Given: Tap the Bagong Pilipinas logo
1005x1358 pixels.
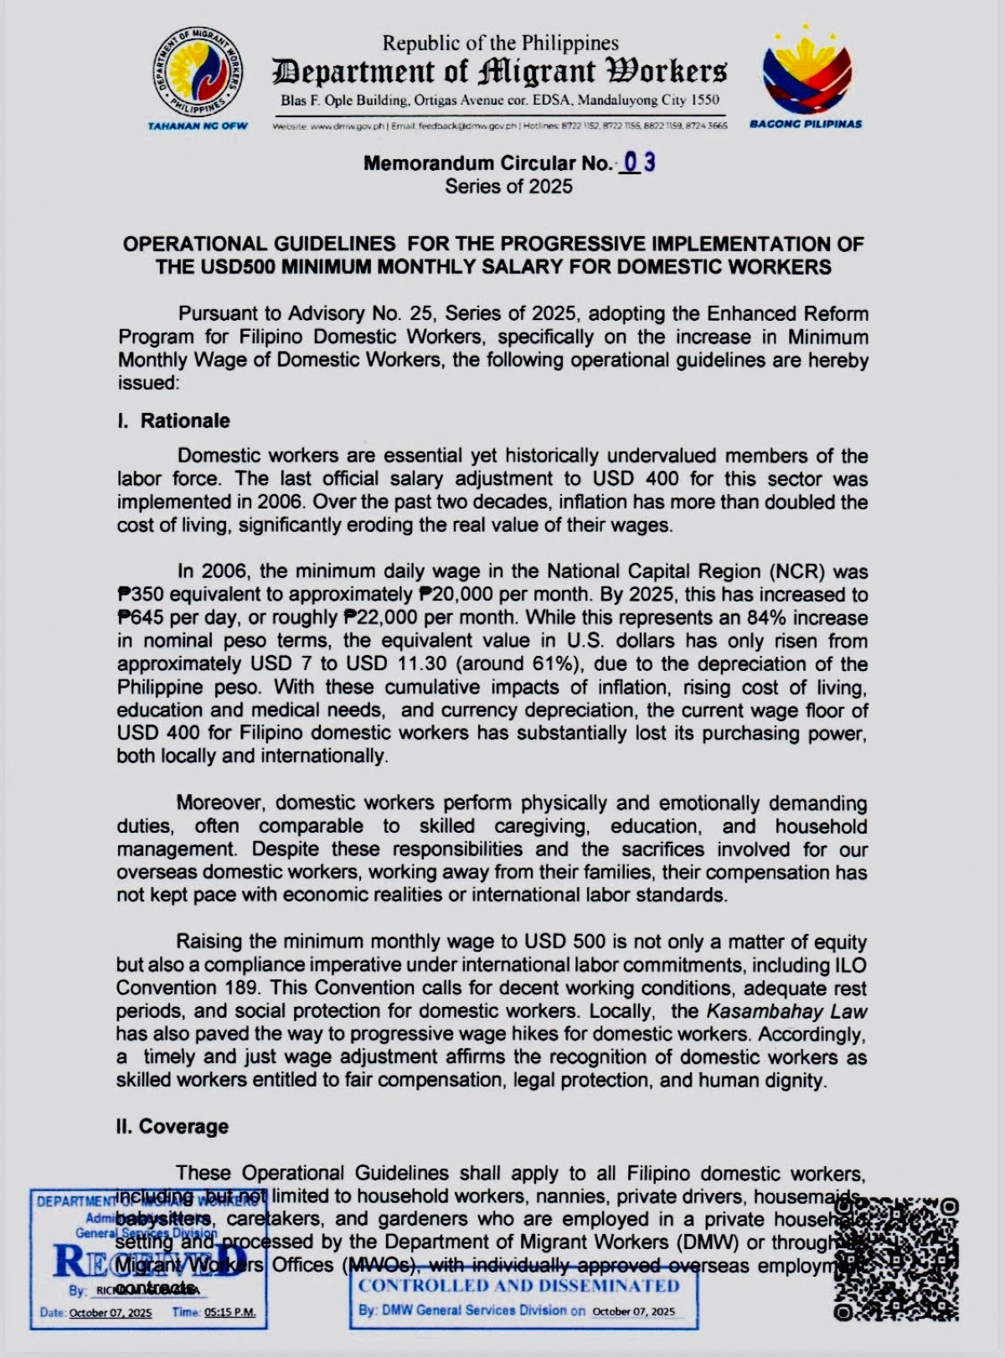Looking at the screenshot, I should pyautogui.click(x=807, y=73).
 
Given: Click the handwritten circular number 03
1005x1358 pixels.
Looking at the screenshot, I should pyautogui.click(x=638, y=163).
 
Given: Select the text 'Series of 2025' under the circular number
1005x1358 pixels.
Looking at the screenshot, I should pyautogui.click(x=508, y=186).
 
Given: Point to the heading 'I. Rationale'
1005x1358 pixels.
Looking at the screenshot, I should pyautogui.click(x=173, y=421).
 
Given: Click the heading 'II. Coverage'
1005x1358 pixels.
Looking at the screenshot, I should pyautogui.click(x=173, y=1126).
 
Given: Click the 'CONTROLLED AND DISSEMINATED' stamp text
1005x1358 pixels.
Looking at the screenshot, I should pyautogui.click(x=519, y=1286).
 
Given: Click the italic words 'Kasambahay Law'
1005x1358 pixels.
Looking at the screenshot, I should pyautogui.click(x=786, y=1011).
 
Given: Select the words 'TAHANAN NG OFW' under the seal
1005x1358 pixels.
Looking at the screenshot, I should pyautogui.click(x=198, y=126).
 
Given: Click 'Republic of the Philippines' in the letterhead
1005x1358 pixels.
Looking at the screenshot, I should pyautogui.click(x=501, y=43).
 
